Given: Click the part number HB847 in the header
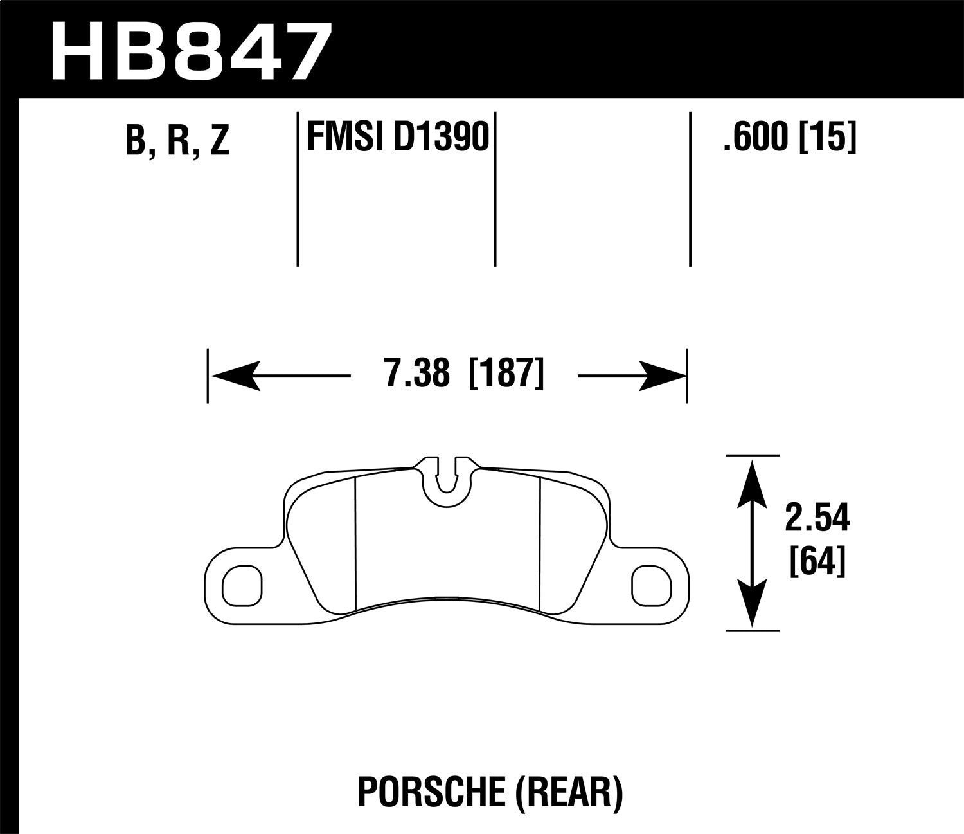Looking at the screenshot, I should [192, 50].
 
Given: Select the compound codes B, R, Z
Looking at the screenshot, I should [177, 140].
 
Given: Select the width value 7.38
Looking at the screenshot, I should [416, 375].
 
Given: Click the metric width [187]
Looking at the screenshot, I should [507, 375].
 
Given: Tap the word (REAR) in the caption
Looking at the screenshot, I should [569, 793].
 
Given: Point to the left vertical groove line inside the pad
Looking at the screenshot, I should [355, 543].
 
